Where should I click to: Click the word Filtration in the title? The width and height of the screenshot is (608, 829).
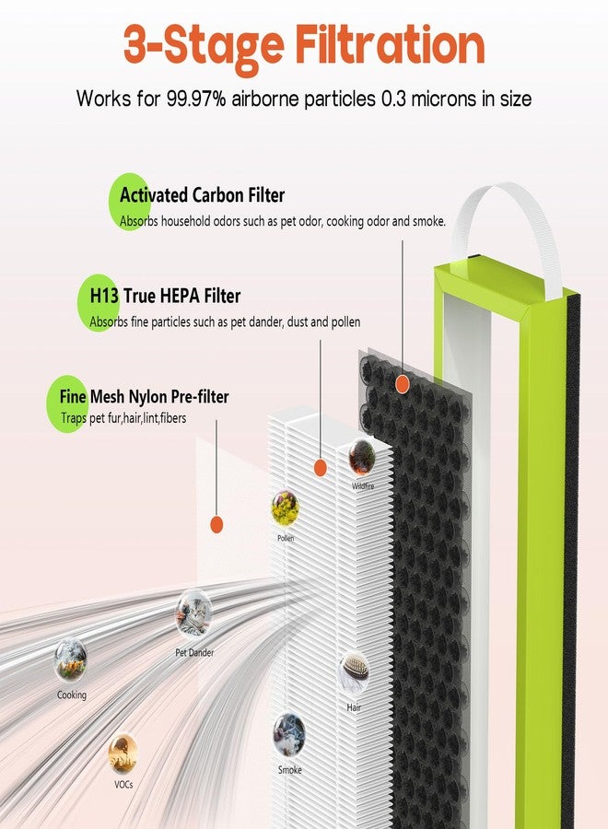[x=390, y=45]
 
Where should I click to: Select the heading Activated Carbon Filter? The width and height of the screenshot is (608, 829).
[x=202, y=195]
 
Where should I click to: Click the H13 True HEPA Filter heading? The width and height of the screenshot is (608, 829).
[x=165, y=296]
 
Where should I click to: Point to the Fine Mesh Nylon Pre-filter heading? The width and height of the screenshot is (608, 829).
[x=144, y=396]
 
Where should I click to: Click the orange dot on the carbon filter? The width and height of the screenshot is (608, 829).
[x=403, y=384]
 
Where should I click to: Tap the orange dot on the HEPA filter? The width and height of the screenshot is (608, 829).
[x=320, y=467]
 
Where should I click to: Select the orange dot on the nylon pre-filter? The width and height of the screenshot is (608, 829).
[x=216, y=524]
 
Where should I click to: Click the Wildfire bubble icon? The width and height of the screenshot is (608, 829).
[x=362, y=457]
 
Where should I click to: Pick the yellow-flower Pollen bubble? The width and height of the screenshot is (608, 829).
[x=285, y=509]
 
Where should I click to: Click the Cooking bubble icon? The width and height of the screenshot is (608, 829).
[x=70, y=660]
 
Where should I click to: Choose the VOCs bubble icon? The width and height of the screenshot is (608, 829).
[x=123, y=754]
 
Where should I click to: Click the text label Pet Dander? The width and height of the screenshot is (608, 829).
[x=194, y=653]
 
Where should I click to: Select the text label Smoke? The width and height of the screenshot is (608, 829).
[x=290, y=770]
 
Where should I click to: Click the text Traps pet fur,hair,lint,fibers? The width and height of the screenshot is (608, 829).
[x=123, y=418]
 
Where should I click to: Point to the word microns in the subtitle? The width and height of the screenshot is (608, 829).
[x=443, y=99]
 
